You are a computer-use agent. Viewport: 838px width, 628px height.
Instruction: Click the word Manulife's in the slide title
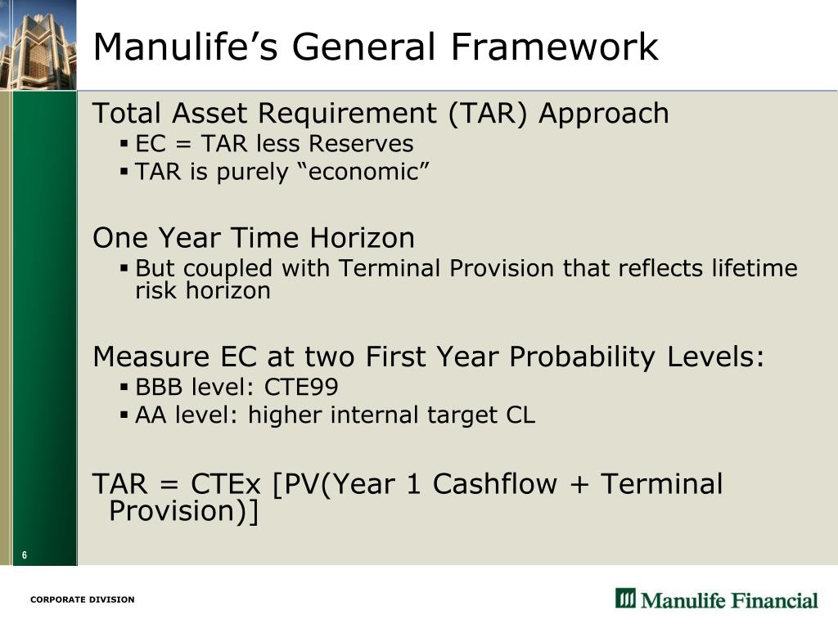(x=185, y=47)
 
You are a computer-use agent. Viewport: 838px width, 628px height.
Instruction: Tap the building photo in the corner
(x=38, y=44)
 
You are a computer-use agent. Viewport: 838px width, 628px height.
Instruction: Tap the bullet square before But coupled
(x=124, y=267)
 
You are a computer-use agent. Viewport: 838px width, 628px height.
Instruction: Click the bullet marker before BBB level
(x=124, y=386)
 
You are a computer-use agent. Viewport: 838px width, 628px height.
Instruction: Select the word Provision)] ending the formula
(x=183, y=511)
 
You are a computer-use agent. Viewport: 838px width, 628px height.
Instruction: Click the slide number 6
(x=25, y=556)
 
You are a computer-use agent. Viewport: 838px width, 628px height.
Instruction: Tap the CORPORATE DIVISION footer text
(x=82, y=599)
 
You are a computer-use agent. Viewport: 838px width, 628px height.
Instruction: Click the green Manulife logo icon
(x=625, y=599)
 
